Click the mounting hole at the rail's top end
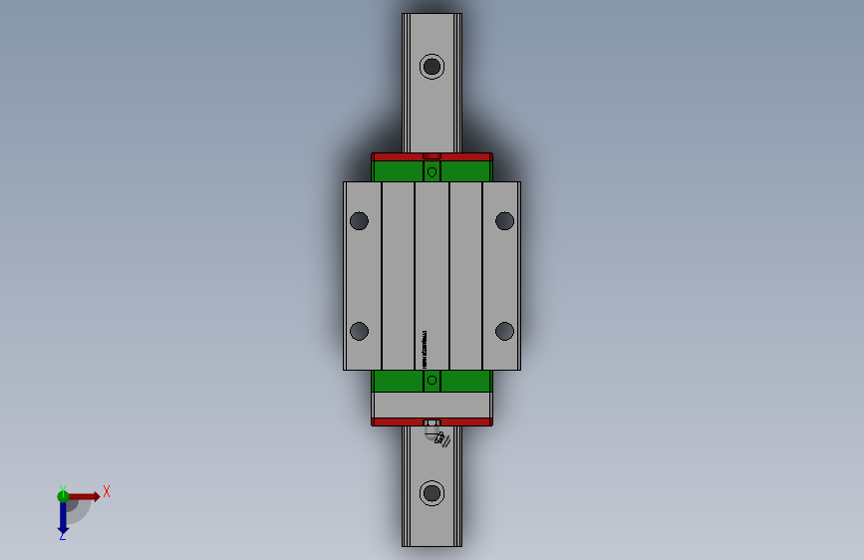(432, 67)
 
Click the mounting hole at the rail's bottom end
(432, 493)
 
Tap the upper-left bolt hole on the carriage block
(360, 220)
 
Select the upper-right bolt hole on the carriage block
(504, 220)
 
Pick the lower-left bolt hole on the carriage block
(360, 331)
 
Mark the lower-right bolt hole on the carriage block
(504, 331)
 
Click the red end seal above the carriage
(399, 156)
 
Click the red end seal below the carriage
(399, 421)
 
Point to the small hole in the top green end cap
(432, 172)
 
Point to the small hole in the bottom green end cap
(432, 380)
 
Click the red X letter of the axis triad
(106, 491)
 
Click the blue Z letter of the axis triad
(62, 536)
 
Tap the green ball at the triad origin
(63, 495)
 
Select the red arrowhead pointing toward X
(95, 496)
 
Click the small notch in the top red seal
(432, 155)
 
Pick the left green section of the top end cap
(398, 171)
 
